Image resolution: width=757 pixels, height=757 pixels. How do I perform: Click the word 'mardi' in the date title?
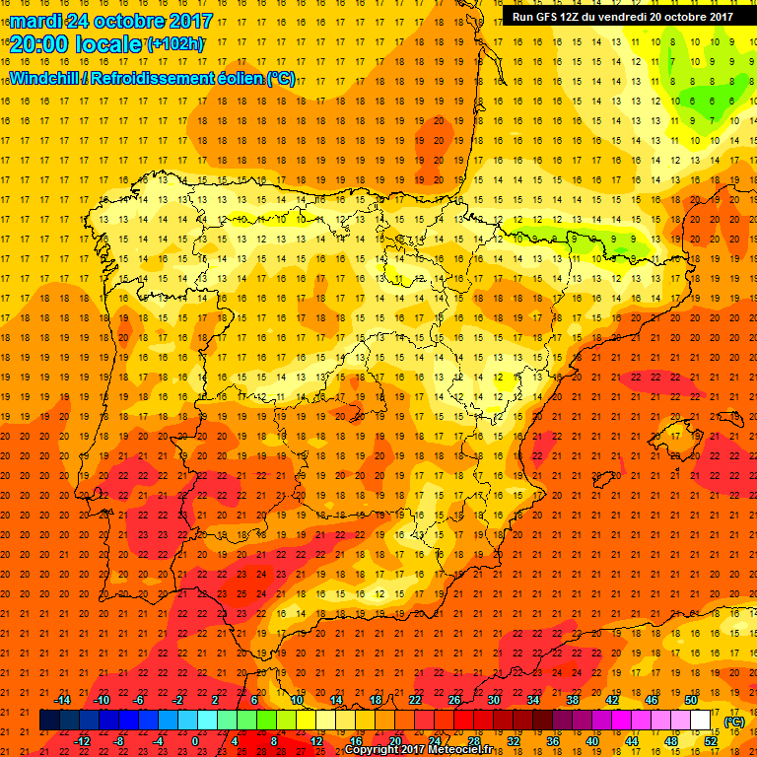pyautogui.click(x=35, y=19)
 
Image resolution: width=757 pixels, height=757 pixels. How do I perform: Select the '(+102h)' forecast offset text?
pyautogui.click(x=174, y=43)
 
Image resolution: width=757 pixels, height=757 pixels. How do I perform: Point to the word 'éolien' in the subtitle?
pyautogui.click(x=238, y=79)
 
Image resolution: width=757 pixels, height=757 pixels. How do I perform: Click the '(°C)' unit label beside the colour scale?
pyautogui.click(x=734, y=722)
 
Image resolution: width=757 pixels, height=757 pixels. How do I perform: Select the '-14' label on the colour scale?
pyautogui.click(x=63, y=700)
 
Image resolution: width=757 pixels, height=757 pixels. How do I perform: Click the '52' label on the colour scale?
pyautogui.click(x=711, y=741)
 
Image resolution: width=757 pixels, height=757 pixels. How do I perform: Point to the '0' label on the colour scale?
pyautogui.click(x=195, y=741)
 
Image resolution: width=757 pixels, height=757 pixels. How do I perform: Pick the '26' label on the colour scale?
pyautogui.click(x=454, y=700)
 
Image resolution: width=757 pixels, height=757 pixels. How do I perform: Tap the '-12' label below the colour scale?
pyautogui.click(x=82, y=741)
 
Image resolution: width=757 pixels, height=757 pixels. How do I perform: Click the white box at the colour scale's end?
pyautogui.click(x=701, y=721)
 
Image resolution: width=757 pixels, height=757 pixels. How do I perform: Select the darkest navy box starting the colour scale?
pyautogui.click(x=49, y=721)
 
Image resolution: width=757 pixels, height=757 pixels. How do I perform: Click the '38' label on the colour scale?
pyautogui.click(x=573, y=700)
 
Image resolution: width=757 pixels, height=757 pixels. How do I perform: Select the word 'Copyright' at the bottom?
pyautogui.click(x=376, y=750)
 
